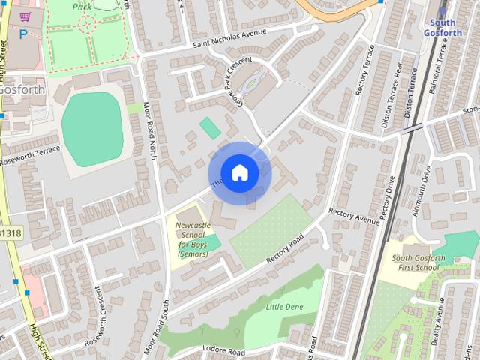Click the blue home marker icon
[239, 173]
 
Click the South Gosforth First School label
[418, 263]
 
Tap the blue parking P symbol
[23, 34]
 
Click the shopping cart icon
[25, 16]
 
